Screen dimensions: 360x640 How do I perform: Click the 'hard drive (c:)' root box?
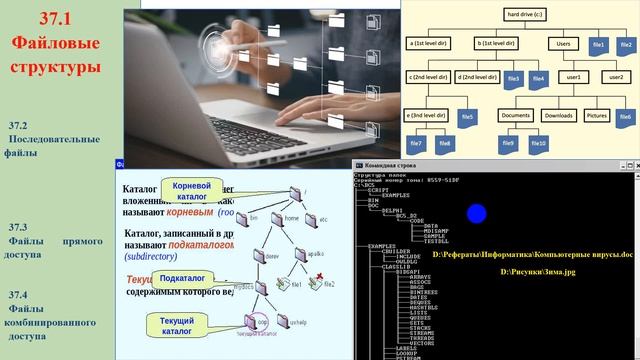pyautogui.click(x=523, y=15)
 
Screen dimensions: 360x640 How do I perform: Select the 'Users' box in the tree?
pyautogui.click(x=563, y=44)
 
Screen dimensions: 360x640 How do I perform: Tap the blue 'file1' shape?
pyautogui.click(x=598, y=45)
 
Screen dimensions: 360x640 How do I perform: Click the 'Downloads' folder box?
pyautogui.click(x=558, y=115)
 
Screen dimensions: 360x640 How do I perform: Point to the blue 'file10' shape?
pyautogui.click(x=540, y=144)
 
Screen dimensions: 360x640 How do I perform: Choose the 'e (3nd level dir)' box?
pyautogui.click(x=430, y=116)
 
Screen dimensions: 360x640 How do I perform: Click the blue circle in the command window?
pyautogui.click(x=477, y=213)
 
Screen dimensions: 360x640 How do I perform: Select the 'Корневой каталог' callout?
pyautogui.click(x=192, y=191)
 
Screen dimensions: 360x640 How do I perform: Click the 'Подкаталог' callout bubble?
pyautogui.click(x=183, y=278)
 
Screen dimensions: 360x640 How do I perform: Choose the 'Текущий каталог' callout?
pyautogui.click(x=171, y=324)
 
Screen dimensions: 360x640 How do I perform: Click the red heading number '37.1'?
pyautogui.click(x=56, y=18)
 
